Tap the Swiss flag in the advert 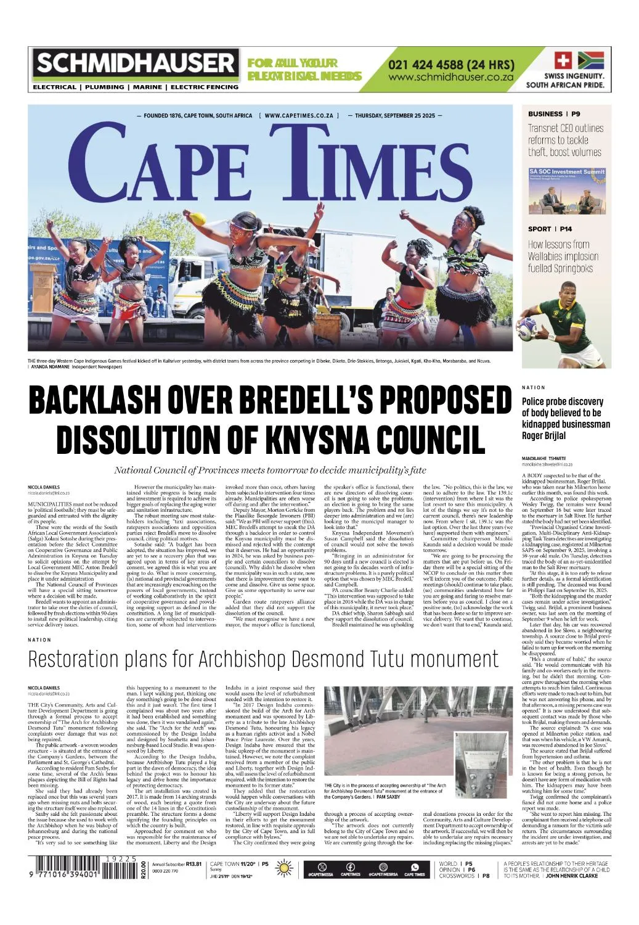tap(562, 60)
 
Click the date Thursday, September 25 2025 tap(395, 115)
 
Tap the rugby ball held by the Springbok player tap(527, 324)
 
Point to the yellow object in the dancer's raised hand tap(198, 218)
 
